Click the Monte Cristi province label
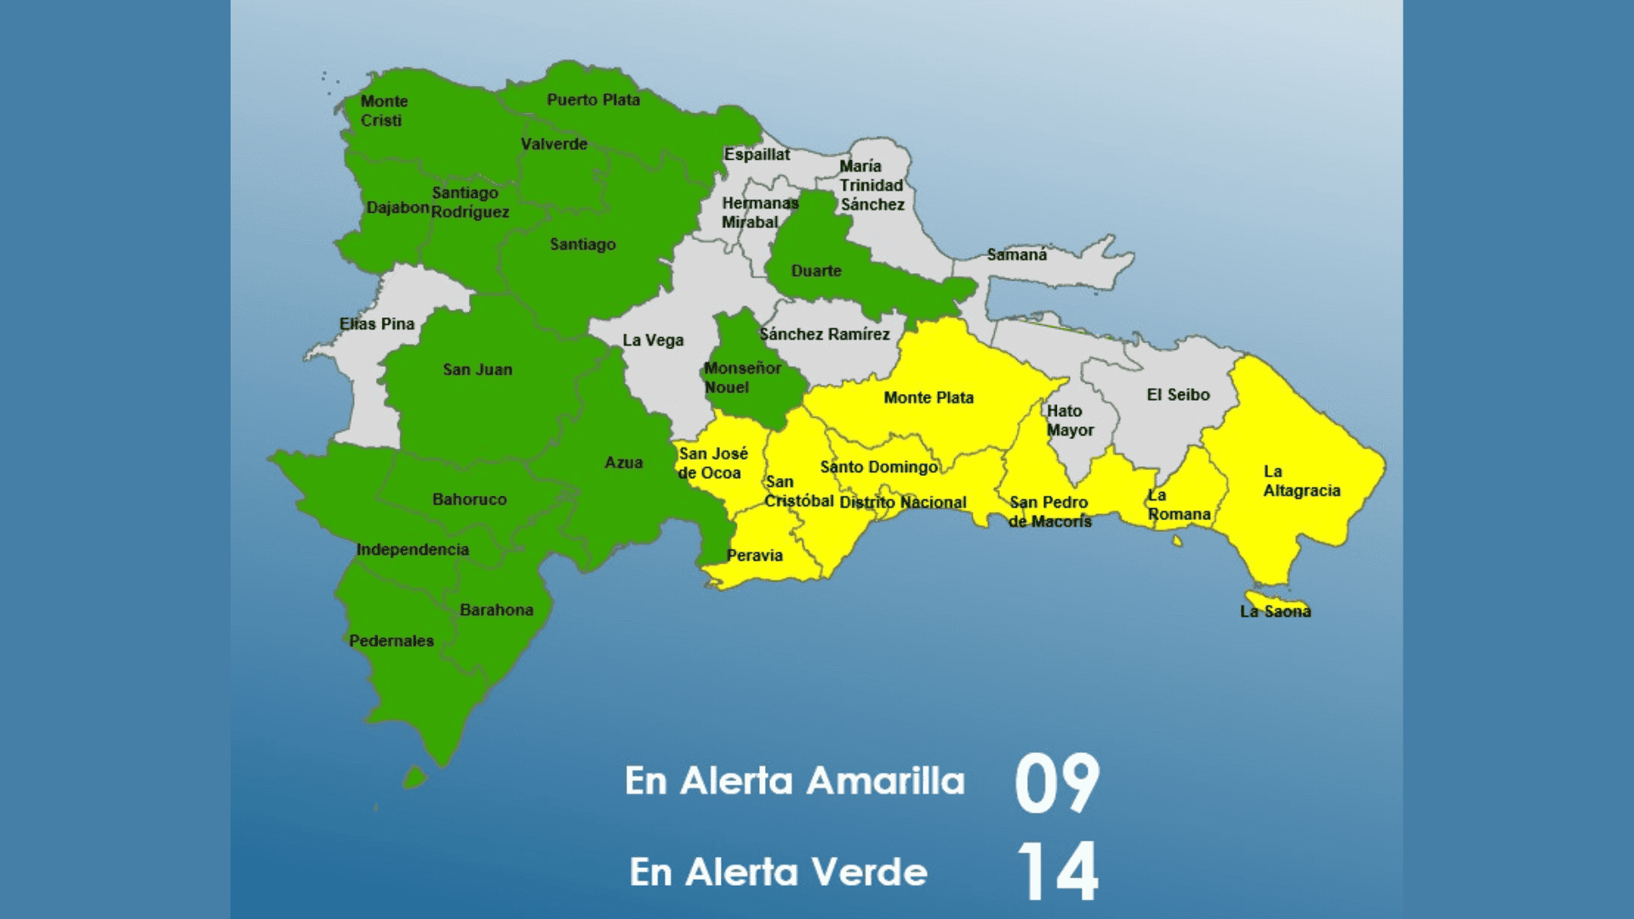(384, 111)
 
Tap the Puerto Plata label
(593, 100)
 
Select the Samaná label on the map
(1017, 254)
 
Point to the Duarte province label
(816, 271)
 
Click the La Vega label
(653, 340)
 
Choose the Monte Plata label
(928, 397)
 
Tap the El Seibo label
(1178, 395)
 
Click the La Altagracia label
(1301, 481)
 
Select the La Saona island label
(1275, 611)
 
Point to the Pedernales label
(391, 641)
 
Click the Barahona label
(496, 610)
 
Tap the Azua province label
(624, 463)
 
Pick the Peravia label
(755, 556)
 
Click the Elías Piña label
(377, 324)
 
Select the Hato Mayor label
(1070, 420)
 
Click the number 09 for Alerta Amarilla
(1057, 783)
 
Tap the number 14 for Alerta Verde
(1057, 871)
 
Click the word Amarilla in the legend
(885, 781)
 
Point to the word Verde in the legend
(868, 872)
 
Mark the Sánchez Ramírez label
(825, 334)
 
